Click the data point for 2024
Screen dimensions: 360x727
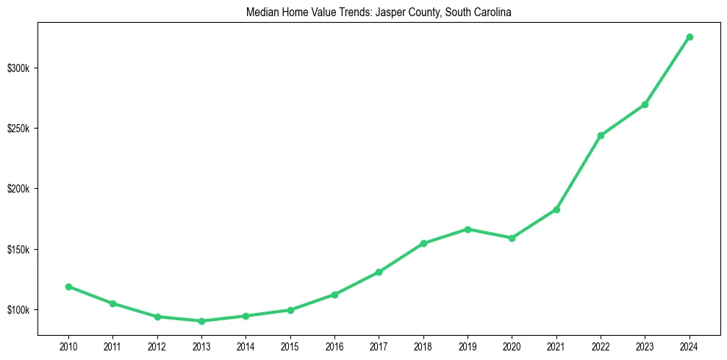(x=689, y=37)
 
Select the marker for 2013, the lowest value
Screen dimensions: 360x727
(x=201, y=321)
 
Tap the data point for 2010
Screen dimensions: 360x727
(x=68, y=287)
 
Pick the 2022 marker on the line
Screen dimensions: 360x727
(x=601, y=135)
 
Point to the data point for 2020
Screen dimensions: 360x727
(x=512, y=238)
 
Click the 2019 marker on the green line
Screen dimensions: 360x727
(x=468, y=229)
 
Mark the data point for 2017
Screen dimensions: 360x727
(x=379, y=272)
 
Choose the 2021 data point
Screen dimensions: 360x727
(x=556, y=209)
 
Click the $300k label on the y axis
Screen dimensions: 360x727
(x=18, y=68)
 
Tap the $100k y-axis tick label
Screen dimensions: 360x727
(x=18, y=310)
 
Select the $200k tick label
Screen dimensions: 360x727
(x=18, y=189)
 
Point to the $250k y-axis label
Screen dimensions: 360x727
(x=18, y=129)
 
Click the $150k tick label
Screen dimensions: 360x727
(x=18, y=250)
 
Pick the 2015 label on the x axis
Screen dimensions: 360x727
(x=290, y=345)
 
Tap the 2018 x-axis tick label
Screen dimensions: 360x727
(x=423, y=345)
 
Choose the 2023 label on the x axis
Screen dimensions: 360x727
(x=645, y=345)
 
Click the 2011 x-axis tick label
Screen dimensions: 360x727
(x=112, y=345)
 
